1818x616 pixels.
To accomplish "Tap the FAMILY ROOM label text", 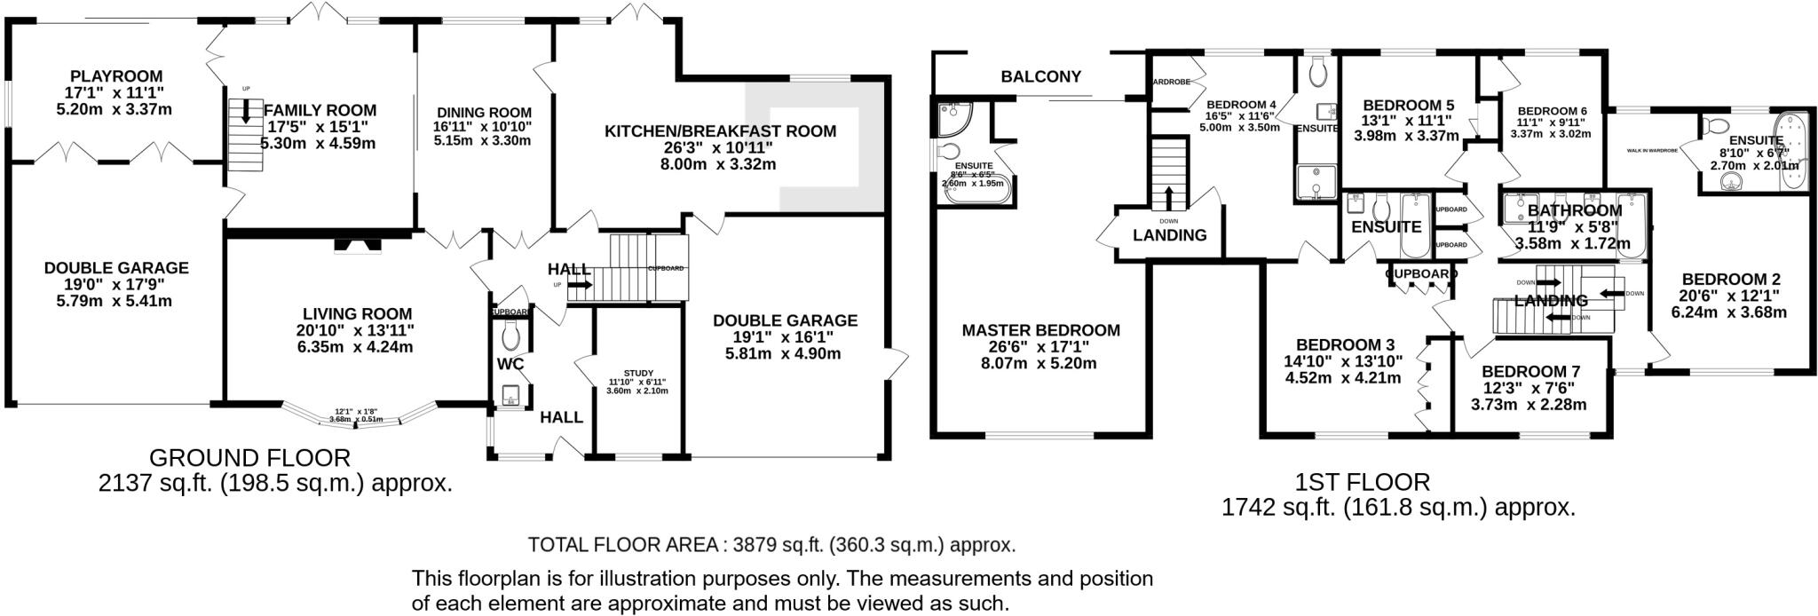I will (320, 110).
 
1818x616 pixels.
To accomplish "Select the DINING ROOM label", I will (484, 113).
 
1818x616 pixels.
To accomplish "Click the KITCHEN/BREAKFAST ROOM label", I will (720, 131).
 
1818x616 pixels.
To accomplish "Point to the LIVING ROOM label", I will (357, 313).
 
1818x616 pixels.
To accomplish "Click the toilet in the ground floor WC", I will (510, 336).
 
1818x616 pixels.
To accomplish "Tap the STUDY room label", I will (638, 374).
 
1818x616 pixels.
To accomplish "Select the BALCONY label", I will (1040, 76).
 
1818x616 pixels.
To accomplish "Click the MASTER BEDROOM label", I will (1040, 330).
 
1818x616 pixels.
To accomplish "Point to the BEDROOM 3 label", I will (1345, 344).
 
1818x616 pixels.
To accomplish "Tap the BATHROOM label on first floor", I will (1574, 210).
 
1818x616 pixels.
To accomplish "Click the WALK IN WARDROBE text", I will (1651, 151).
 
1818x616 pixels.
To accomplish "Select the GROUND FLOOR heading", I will (249, 458).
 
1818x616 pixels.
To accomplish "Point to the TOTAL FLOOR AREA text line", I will (771, 544).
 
